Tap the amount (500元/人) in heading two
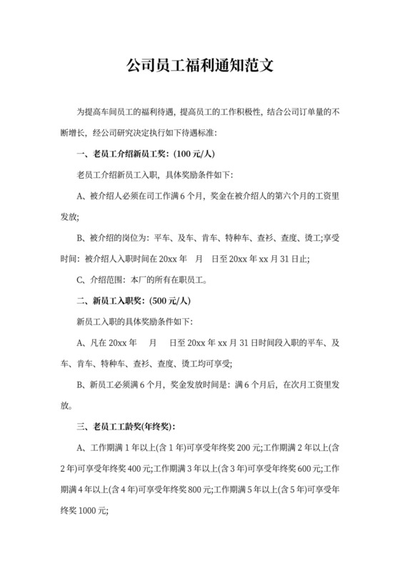(x=166, y=301)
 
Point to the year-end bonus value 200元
(x=248, y=448)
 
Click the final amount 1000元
(x=91, y=511)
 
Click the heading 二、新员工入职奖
(x=109, y=301)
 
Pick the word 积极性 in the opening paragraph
(x=242, y=112)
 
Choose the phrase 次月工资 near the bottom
(x=303, y=385)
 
